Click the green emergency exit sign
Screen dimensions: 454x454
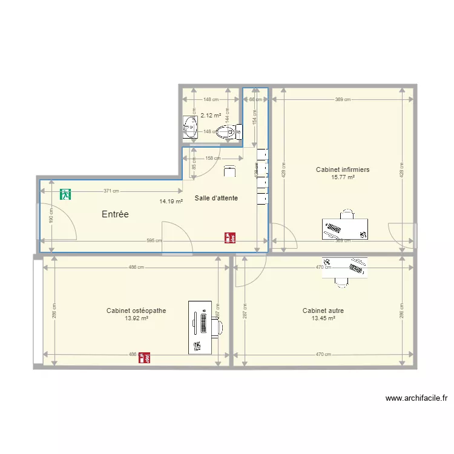coord(65,194)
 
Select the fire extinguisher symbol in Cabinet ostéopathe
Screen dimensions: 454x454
coord(145,358)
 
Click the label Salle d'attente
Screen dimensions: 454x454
coord(216,198)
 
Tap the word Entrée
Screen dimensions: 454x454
coord(115,214)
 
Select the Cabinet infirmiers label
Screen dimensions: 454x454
coord(343,170)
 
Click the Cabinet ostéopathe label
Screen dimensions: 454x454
coord(136,311)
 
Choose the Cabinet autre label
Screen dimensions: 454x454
coord(323,311)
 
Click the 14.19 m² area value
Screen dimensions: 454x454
coord(171,202)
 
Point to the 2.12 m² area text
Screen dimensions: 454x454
coord(211,115)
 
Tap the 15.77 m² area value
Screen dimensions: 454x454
coord(343,177)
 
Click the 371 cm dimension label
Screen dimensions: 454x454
coord(111,191)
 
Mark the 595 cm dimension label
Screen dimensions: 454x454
coord(154,240)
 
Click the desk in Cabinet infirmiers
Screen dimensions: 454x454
coord(346,229)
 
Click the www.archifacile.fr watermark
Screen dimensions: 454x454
coord(416,398)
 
